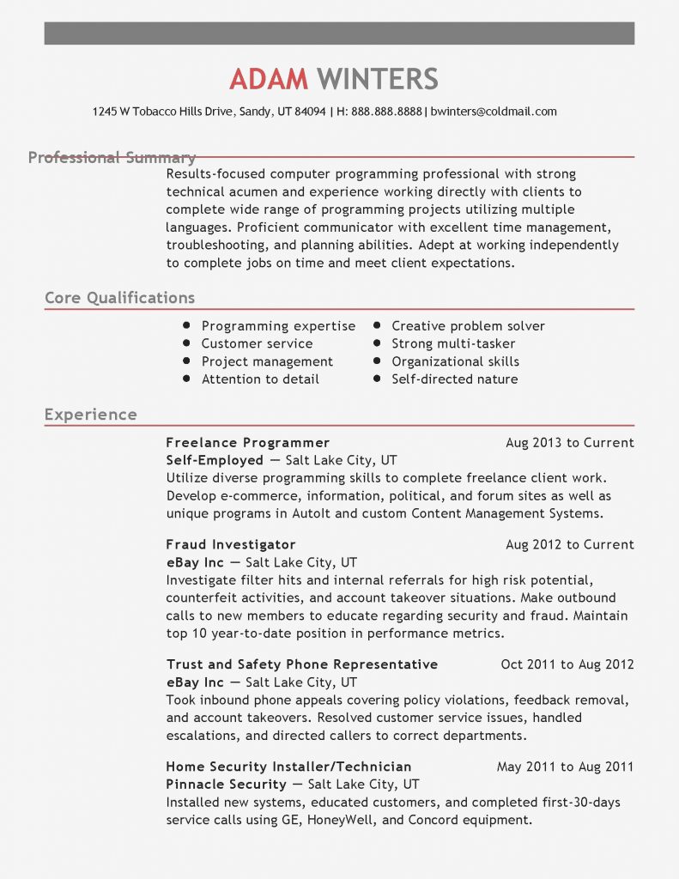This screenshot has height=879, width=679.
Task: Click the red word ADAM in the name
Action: tap(269, 79)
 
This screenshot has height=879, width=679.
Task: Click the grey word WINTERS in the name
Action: tap(378, 79)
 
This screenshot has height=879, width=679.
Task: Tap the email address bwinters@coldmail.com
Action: tap(494, 112)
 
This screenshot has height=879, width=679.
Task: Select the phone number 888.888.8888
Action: tap(387, 112)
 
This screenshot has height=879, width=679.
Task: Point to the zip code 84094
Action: tap(310, 112)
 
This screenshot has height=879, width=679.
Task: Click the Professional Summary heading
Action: tap(112, 158)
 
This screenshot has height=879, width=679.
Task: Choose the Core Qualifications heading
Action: tap(119, 299)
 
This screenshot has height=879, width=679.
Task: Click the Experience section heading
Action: tap(90, 415)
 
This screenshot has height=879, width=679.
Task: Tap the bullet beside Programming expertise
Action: tap(185, 326)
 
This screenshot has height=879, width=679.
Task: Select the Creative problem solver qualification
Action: tap(468, 326)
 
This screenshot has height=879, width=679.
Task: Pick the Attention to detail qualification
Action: tap(260, 379)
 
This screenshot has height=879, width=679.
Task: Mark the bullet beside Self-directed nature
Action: tap(376, 379)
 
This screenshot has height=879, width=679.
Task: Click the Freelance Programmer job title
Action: tap(247, 443)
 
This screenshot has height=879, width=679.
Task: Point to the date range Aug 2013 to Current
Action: tap(570, 443)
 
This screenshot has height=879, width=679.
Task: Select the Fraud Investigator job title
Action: tap(230, 544)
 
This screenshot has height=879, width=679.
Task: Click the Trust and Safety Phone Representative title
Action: tap(301, 664)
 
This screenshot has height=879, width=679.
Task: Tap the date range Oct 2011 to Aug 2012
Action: tap(567, 664)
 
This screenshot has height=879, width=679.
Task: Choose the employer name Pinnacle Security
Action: tap(226, 785)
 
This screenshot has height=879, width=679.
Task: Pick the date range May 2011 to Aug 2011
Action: tap(565, 767)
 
